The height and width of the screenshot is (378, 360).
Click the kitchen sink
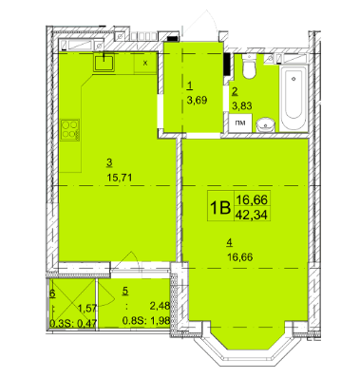coord(104,64)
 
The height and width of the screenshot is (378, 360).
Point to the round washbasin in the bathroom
coord(267,121)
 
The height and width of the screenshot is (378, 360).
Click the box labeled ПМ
coord(240,122)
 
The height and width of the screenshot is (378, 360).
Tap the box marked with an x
coord(144,63)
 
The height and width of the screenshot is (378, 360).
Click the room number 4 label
coord(227,244)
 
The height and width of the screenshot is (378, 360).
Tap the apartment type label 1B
coord(219,206)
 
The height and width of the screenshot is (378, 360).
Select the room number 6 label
coord(52,294)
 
